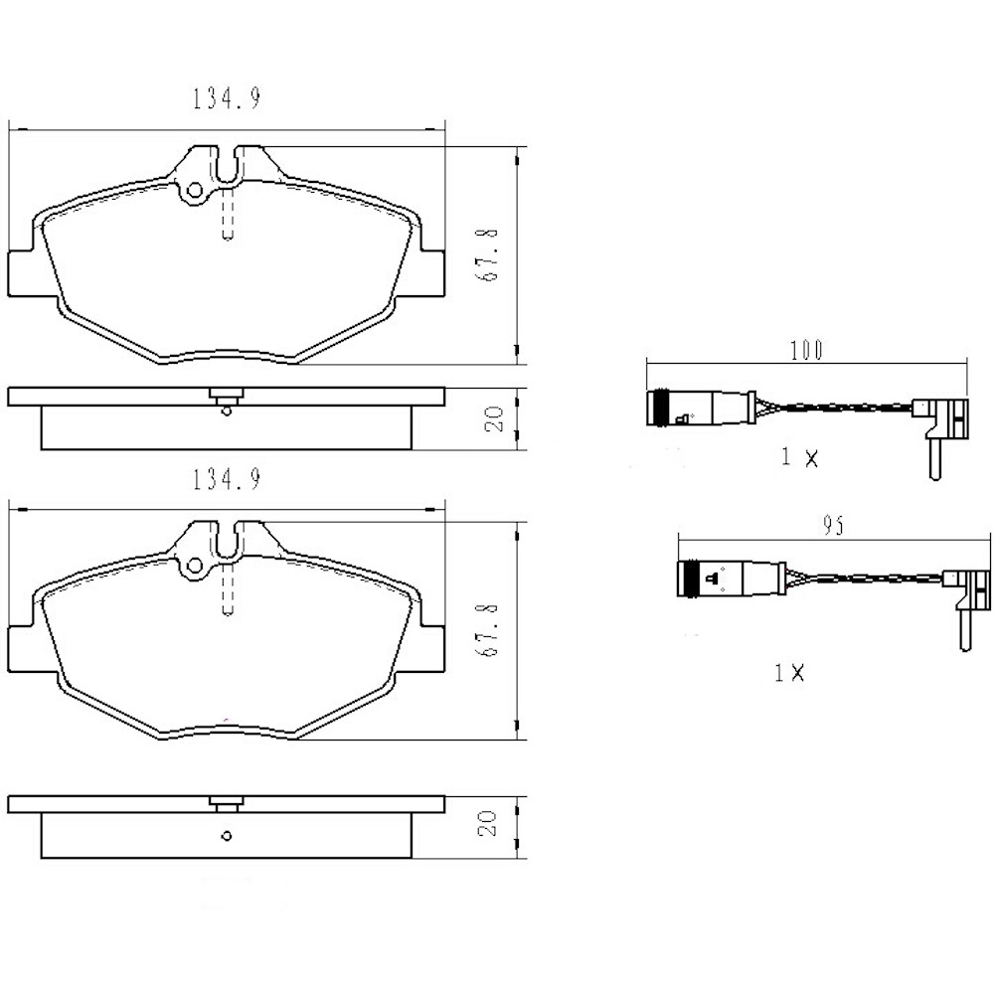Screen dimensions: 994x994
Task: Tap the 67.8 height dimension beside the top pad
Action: [x=488, y=255]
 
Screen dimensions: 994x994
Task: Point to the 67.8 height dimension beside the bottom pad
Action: [x=488, y=629]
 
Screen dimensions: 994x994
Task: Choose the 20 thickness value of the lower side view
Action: [x=487, y=824]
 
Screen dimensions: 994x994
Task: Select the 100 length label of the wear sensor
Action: [x=806, y=349]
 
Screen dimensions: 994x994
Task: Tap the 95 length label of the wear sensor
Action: [x=833, y=528]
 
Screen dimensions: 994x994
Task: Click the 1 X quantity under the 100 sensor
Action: [x=799, y=457]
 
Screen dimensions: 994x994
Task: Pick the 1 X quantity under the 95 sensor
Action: [x=789, y=673]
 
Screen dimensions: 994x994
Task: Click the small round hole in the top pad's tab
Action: [x=195, y=190]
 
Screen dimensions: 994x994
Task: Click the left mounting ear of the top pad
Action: [x=24, y=272]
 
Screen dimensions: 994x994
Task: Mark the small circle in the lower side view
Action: [x=227, y=836]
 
